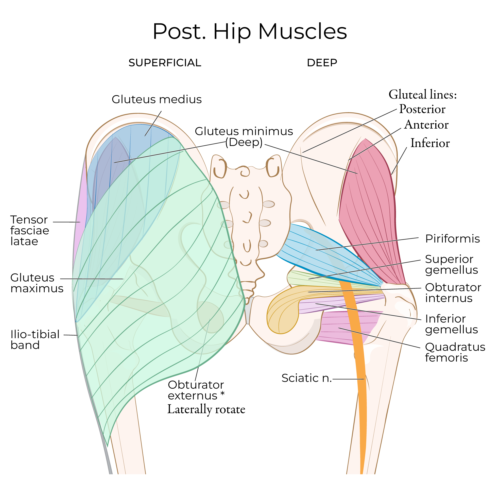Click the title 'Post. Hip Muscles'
click(250, 31)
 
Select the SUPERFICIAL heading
click(165, 63)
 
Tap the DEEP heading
click(322, 63)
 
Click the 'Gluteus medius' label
click(157, 99)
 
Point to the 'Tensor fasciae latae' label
click(29, 230)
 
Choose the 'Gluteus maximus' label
click(37, 283)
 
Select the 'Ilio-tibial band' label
click(35, 340)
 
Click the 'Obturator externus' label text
click(196, 390)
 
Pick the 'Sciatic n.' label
click(306, 378)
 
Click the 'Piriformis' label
click(452, 239)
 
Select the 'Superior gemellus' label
click(451, 265)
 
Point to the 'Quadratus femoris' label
click(455, 352)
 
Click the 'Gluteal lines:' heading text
click(423, 95)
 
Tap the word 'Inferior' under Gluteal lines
click(430, 143)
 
